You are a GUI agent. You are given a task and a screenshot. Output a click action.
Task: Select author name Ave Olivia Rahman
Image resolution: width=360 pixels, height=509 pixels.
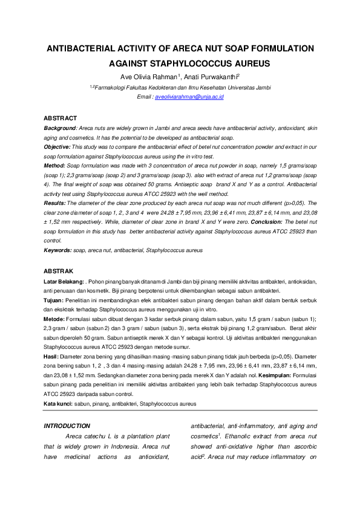pyautogui.click(x=148, y=77)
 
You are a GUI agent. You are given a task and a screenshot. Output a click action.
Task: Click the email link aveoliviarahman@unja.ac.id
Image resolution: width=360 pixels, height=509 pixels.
pyautogui.click(x=190, y=97)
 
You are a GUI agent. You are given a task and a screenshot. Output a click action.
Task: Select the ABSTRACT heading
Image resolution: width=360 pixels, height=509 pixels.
pyautogui.click(x=61, y=118)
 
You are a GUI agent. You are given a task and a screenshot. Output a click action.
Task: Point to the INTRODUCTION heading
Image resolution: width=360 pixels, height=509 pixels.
pyautogui.click(x=67, y=426)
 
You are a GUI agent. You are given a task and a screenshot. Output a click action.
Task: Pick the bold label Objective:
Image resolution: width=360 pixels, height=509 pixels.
pyautogui.click(x=58, y=147)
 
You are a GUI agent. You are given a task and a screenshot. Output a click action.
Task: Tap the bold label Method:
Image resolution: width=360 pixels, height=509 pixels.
pyautogui.click(x=56, y=165)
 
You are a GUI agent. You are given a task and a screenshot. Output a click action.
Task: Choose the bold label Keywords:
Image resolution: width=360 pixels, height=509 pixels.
pyautogui.click(x=57, y=250)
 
